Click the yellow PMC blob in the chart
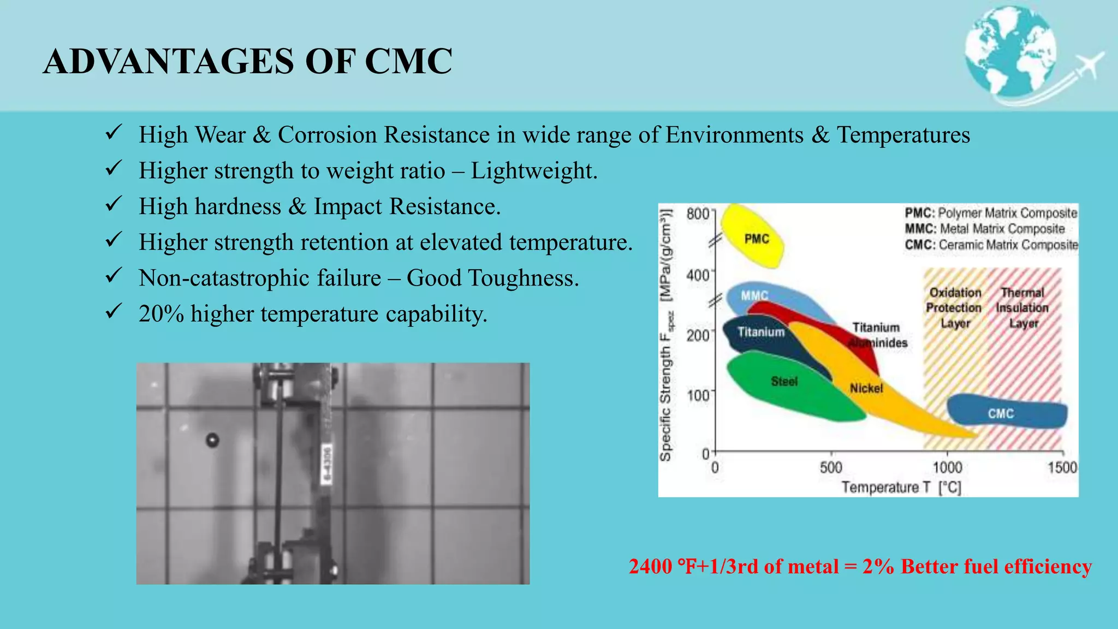pos(752,236)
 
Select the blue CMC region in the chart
pos(1007,412)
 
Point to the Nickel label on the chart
pos(866,388)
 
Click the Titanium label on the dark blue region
pos(760,332)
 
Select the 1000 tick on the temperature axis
pos(947,467)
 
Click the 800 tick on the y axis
pos(698,213)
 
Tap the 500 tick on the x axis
pos(831,467)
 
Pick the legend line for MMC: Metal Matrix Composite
pos(984,229)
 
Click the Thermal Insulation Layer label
pos(1022,308)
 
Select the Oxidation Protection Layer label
pos(954,308)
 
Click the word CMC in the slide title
pos(408,61)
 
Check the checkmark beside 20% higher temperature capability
pos(113,312)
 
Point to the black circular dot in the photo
pos(212,440)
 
